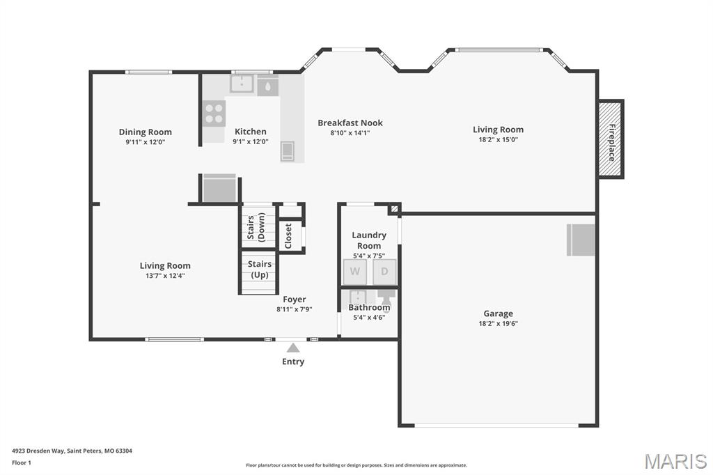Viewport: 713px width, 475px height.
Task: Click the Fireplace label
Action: (x=612, y=142)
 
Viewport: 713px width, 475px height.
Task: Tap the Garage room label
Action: (x=498, y=313)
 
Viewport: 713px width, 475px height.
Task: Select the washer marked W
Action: (x=354, y=272)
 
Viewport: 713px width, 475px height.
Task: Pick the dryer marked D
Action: (x=384, y=272)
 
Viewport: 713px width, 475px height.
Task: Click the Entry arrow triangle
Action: (x=293, y=348)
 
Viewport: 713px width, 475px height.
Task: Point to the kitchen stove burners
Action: (x=214, y=114)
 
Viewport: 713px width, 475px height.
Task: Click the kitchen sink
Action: (x=242, y=84)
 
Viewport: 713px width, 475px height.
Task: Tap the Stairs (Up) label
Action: (x=260, y=270)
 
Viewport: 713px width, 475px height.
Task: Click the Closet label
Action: (x=288, y=236)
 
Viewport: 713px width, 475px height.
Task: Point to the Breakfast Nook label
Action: (x=350, y=123)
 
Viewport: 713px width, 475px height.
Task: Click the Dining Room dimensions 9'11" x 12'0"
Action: (x=145, y=142)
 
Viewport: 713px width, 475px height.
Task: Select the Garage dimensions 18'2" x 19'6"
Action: (x=498, y=323)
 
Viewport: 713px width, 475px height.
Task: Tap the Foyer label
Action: (x=295, y=299)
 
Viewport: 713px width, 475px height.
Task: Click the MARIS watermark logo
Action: (x=675, y=461)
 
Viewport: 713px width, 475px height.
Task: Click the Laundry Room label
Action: (x=369, y=240)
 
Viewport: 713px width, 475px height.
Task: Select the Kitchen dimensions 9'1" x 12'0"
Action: (x=251, y=141)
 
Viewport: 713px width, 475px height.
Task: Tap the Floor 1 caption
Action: (x=22, y=462)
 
